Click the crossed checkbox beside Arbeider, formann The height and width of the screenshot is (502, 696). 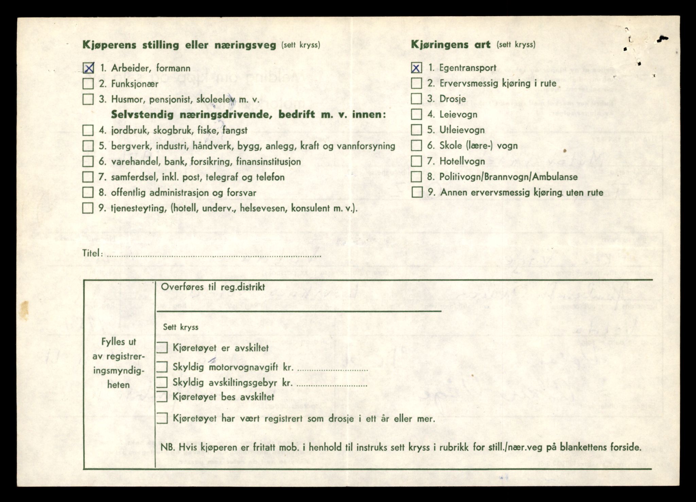(x=88, y=68)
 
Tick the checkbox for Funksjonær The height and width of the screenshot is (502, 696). (x=88, y=84)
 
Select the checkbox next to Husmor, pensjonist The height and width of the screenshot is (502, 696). (x=88, y=99)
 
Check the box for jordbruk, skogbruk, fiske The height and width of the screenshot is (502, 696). (x=88, y=130)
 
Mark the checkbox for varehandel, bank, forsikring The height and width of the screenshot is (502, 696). (x=88, y=161)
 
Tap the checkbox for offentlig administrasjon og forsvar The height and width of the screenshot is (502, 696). (x=88, y=192)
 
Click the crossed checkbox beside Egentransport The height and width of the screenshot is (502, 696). (x=416, y=68)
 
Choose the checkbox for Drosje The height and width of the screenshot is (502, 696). (x=416, y=99)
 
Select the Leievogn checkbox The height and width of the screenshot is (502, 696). (x=416, y=114)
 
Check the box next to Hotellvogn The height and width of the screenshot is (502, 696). (x=416, y=161)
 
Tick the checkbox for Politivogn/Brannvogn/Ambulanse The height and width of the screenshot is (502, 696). (x=416, y=177)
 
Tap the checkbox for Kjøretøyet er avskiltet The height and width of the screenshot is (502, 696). (x=162, y=348)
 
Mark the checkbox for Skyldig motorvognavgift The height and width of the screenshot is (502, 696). (x=162, y=367)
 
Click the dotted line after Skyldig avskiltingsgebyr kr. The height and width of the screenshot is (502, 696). (x=332, y=385)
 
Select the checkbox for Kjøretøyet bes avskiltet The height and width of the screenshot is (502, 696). (x=162, y=397)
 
